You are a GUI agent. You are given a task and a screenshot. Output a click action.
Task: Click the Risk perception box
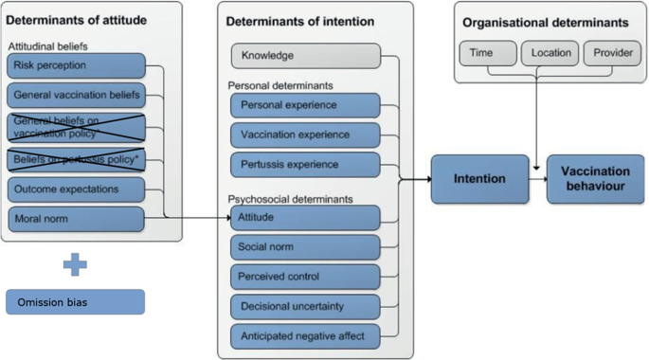76,65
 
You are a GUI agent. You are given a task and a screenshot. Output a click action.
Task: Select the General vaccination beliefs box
76,95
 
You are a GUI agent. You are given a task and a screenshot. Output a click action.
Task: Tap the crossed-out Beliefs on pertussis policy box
76,158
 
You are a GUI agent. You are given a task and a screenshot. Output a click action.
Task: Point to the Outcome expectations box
76,189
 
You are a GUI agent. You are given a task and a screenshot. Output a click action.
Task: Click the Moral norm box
76,219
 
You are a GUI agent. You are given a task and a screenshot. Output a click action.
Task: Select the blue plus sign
75,263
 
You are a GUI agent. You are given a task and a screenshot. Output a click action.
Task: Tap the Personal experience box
305,105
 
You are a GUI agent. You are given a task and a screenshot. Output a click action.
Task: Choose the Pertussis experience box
305,165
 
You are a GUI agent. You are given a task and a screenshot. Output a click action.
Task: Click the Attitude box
305,218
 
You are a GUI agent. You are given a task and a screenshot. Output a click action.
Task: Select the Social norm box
305,247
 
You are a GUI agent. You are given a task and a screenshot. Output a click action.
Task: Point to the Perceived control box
305,277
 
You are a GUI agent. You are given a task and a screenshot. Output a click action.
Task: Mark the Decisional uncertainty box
305,306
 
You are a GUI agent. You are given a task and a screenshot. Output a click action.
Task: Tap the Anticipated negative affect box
305,335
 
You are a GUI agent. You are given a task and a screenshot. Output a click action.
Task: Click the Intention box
479,178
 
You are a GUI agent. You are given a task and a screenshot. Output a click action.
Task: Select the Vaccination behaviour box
595,178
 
